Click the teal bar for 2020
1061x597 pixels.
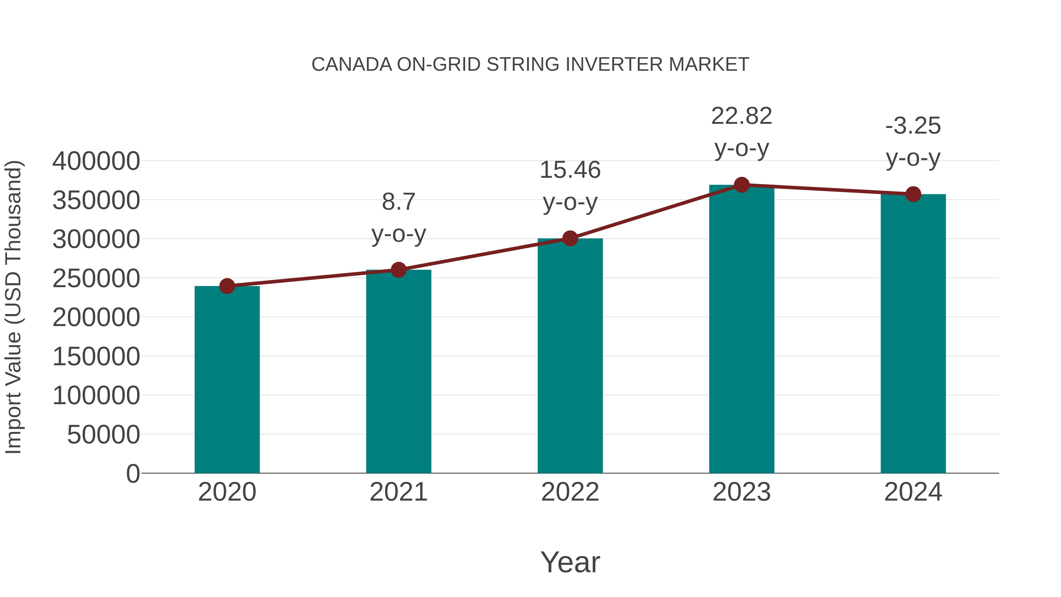tap(227, 379)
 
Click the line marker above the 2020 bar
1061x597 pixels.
tap(227, 286)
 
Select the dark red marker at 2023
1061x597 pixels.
tap(742, 185)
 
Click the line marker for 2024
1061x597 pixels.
tap(913, 194)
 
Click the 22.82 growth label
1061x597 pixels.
tap(742, 116)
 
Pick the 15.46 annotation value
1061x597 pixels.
tap(570, 170)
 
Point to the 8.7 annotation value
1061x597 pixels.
tap(398, 202)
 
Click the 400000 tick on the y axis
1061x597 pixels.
tap(96, 161)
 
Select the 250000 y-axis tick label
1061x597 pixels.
tap(96, 279)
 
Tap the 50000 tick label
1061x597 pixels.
tap(103, 435)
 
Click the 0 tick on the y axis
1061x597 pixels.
tap(133, 474)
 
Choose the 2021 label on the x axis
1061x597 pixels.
tap(398, 492)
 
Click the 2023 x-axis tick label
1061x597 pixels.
tap(742, 492)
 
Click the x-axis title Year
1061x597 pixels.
tap(570, 562)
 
